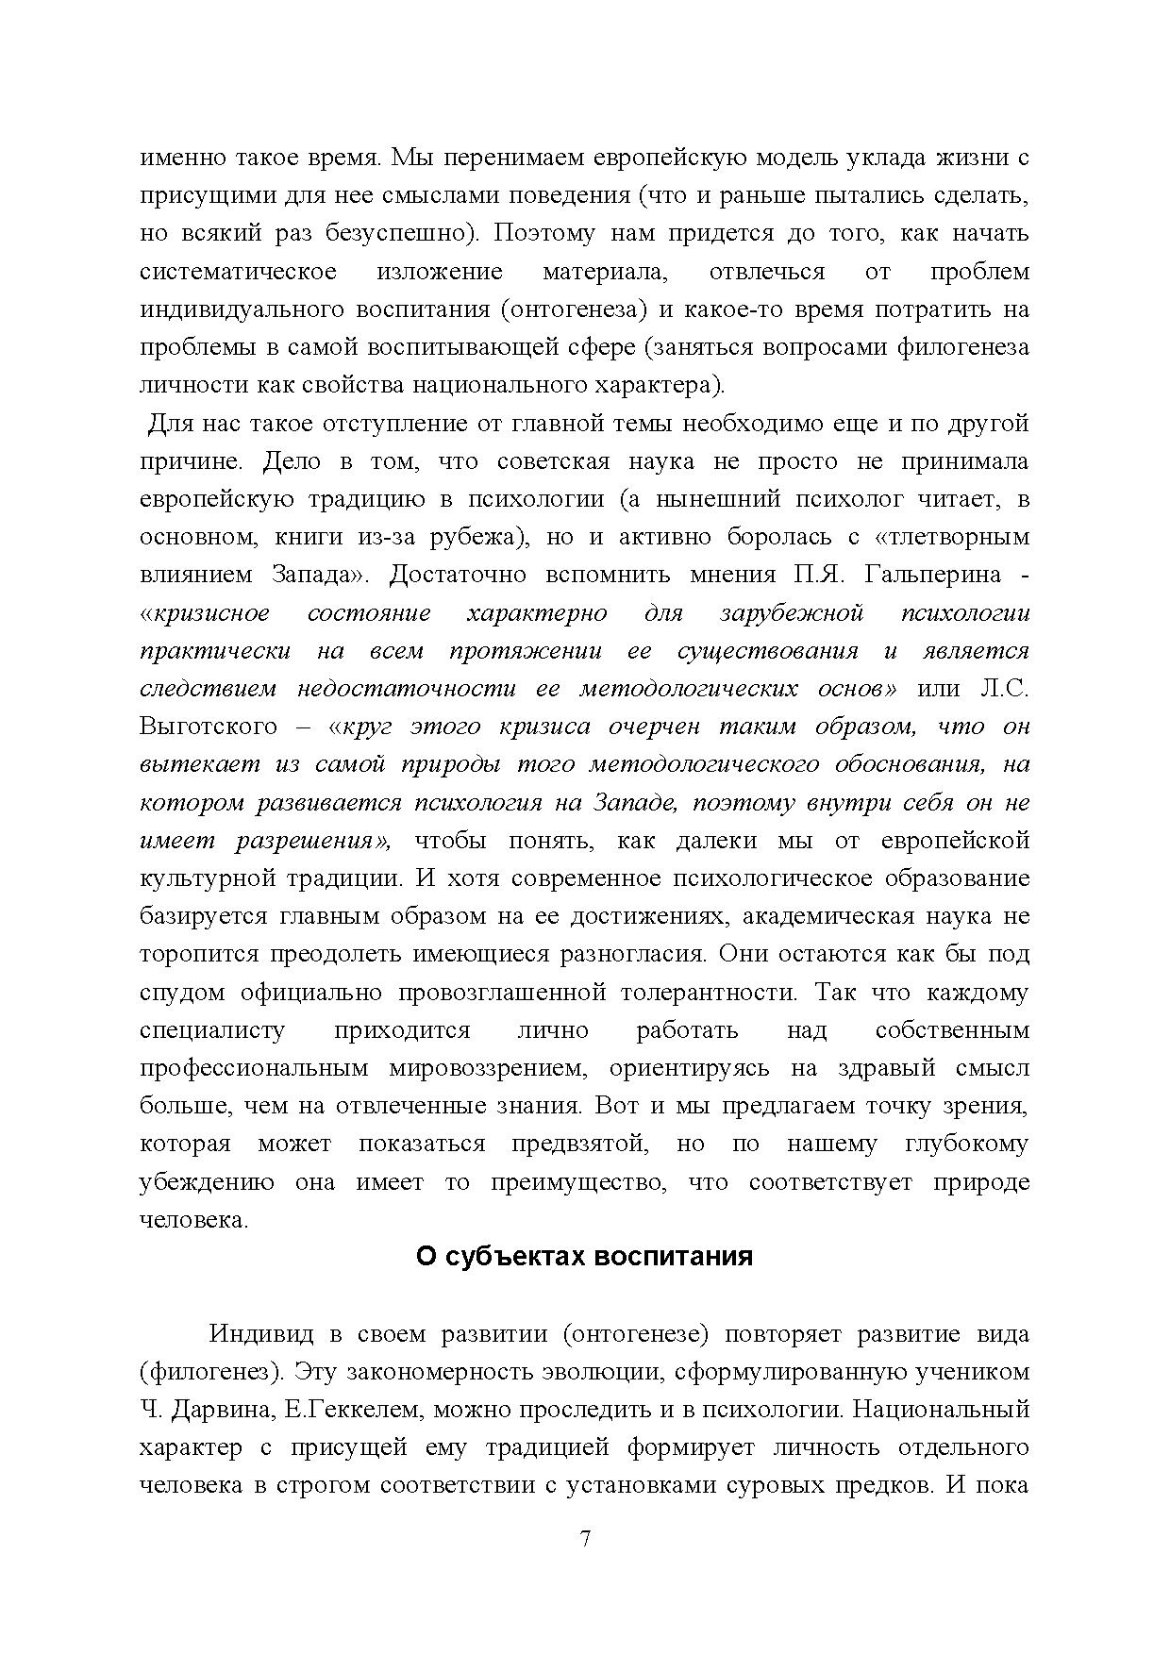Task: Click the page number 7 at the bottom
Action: coord(585,1539)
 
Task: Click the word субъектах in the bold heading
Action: coord(511,1257)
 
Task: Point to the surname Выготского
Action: coord(209,727)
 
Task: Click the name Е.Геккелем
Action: coord(358,1410)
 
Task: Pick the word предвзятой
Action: coord(579,1144)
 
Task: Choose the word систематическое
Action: coord(238,272)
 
